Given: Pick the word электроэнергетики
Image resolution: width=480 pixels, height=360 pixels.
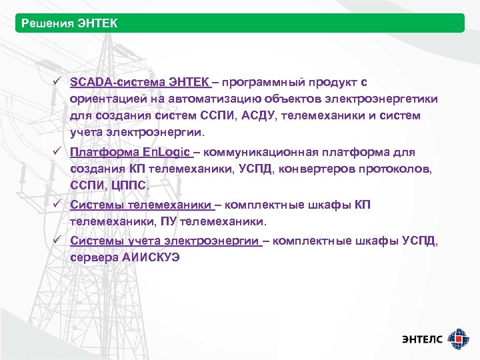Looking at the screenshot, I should click(382, 99).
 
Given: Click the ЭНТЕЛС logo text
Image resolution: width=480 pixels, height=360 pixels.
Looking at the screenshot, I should click(422, 339).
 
